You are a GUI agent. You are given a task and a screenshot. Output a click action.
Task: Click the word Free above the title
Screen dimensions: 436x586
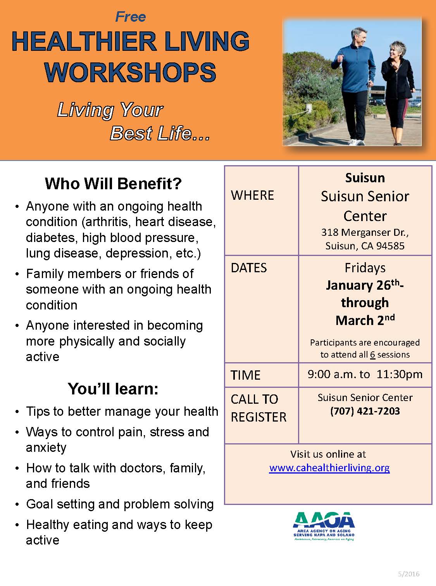click(x=131, y=17)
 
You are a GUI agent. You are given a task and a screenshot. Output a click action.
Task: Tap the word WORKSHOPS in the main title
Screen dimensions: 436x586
click(x=131, y=72)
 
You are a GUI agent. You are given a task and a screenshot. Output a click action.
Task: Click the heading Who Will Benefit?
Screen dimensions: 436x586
click(x=113, y=183)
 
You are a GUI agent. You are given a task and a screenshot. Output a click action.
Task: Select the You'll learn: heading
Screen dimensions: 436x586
click(x=113, y=389)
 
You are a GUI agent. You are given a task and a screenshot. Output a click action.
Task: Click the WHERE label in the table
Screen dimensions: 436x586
click(x=252, y=195)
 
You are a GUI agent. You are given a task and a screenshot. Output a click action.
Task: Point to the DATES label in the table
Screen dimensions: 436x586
click(x=249, y=268)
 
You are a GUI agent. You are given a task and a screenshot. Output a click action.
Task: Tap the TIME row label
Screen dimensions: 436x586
click(x=245, y=375)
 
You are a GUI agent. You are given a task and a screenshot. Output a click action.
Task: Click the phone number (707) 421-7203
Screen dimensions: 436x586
click(x=365, y=411)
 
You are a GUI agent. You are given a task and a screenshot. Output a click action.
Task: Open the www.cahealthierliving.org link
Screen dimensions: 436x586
click(x=329, y=468)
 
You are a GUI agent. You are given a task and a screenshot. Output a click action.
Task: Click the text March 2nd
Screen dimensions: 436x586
click(x=365, y=320)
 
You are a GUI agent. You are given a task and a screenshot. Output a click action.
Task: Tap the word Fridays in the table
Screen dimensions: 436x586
click(x=365, y=268)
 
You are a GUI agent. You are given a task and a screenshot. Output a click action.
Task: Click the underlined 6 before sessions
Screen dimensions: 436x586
click(x=372, y=354)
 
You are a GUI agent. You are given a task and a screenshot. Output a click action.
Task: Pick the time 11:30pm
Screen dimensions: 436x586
click(x=399, y=374)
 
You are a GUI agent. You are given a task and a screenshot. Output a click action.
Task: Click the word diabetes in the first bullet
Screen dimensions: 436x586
click(x=52, y=237)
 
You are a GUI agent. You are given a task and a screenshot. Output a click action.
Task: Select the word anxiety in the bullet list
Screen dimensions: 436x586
click(x=46, y=448)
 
